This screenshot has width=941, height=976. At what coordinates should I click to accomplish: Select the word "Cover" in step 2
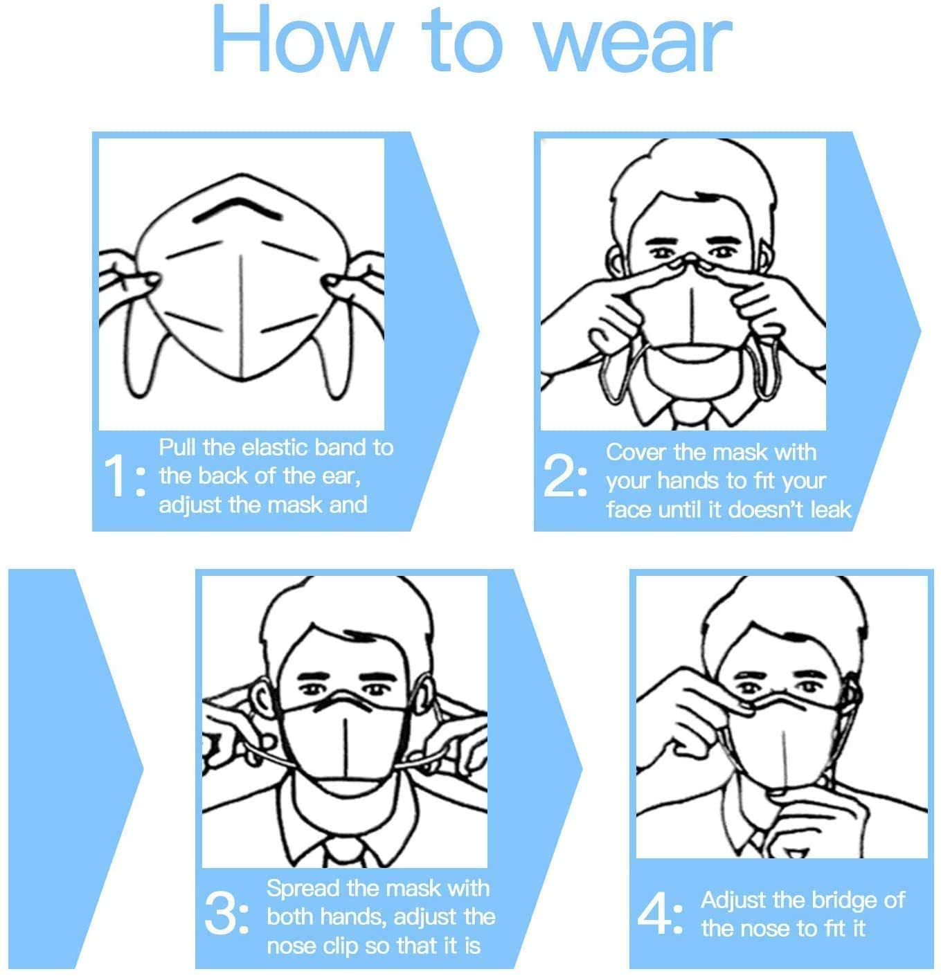click(636, 453)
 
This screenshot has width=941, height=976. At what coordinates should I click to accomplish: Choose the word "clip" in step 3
click(341, 947)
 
